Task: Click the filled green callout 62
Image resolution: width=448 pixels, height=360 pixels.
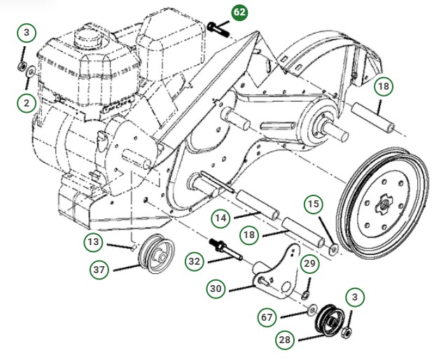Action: tap(240, 13)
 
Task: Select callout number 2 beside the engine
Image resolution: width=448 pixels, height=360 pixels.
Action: tap(27, 103)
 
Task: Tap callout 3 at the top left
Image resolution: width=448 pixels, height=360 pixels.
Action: tap(27, 33)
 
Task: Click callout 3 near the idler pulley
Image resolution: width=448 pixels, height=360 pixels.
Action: tap(355, 297)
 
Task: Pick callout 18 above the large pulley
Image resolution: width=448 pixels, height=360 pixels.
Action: tap(383, 87)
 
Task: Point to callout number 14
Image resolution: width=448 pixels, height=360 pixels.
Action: tap(221, 218)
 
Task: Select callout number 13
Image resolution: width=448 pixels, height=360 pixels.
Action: tap(94, 242)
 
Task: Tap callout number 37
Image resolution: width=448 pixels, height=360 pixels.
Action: tap(99, 269)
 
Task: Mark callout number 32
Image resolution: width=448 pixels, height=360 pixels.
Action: tap(195, 261)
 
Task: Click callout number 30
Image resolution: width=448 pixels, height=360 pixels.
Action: tap(216, 288)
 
